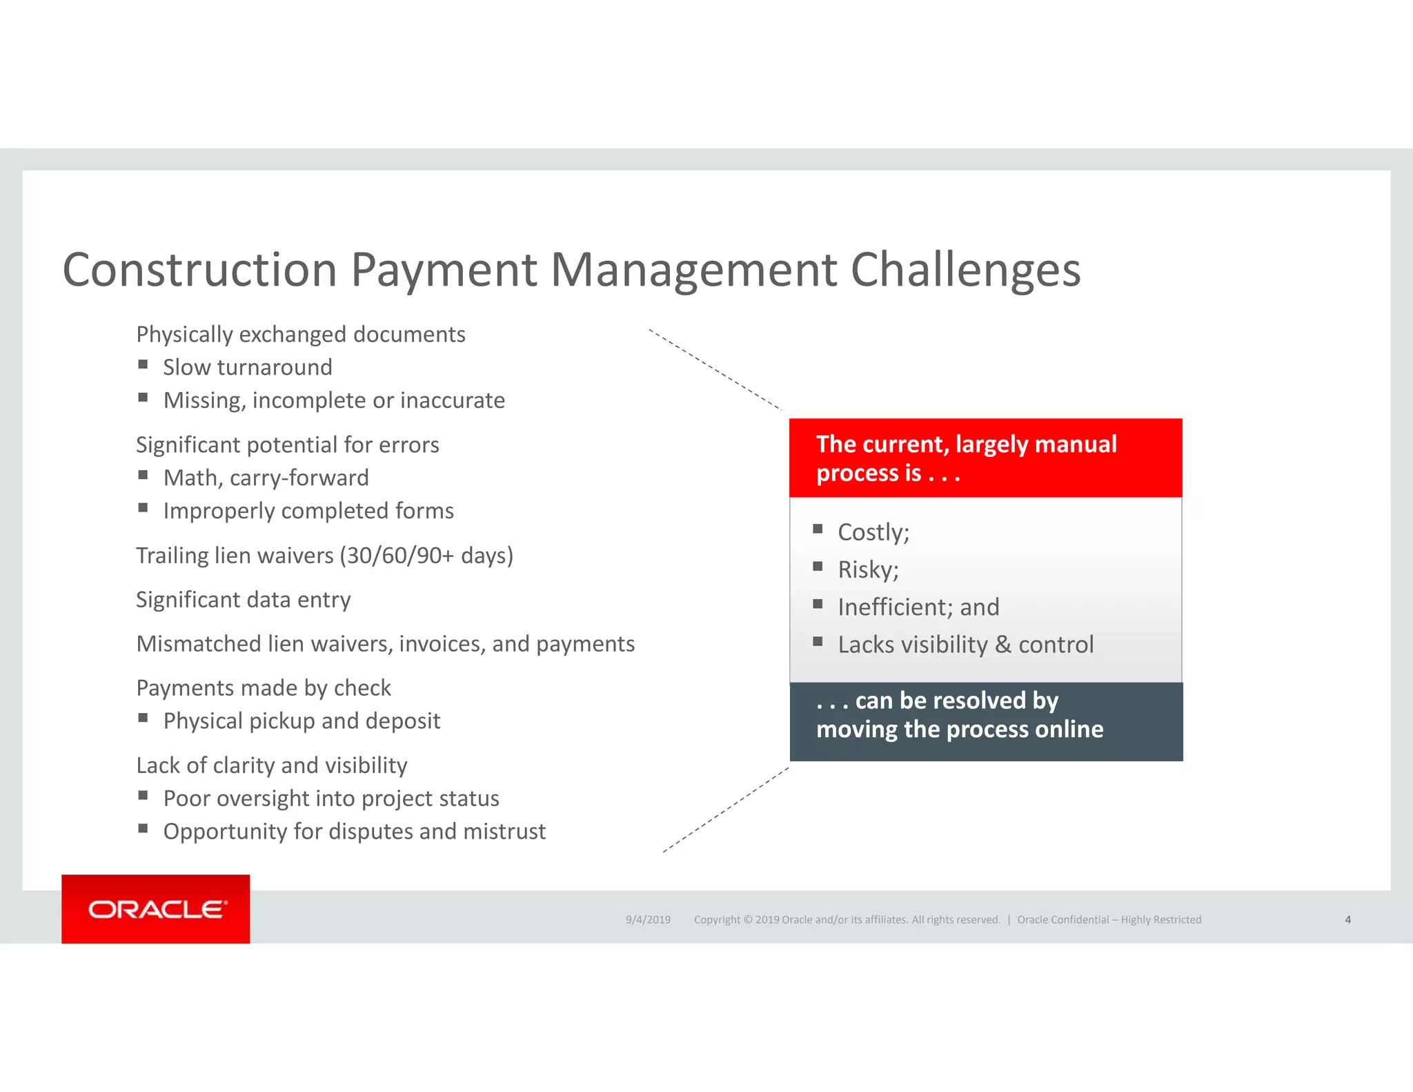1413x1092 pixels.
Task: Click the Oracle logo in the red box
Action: pos(157,909)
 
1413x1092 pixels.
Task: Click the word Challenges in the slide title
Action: pos(965,270)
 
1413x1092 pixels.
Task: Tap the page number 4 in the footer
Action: pos(1347,919)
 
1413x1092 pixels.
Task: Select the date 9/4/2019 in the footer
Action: pos(648,919)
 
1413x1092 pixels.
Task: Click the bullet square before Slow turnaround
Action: pos(143,364)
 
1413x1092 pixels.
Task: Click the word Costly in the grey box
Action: pos(871,532)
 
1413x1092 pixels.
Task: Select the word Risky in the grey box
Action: pos(867,569)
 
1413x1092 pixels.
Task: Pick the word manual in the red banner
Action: pos(1077,444)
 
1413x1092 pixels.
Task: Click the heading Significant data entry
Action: pos(243,600)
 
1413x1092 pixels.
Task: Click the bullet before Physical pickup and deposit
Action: pos(143,718)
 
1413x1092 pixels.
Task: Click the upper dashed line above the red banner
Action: pos(715,369)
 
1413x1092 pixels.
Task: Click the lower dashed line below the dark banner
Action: pos(726,810)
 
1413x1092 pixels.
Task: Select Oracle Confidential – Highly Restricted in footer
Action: pos(1109,919)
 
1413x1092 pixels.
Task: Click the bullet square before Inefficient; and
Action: pos(818,604)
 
